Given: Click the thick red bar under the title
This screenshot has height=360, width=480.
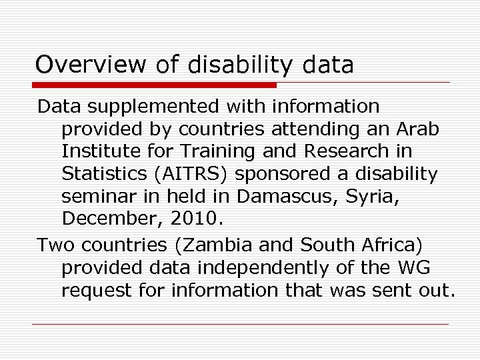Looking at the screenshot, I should coord(155,85).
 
